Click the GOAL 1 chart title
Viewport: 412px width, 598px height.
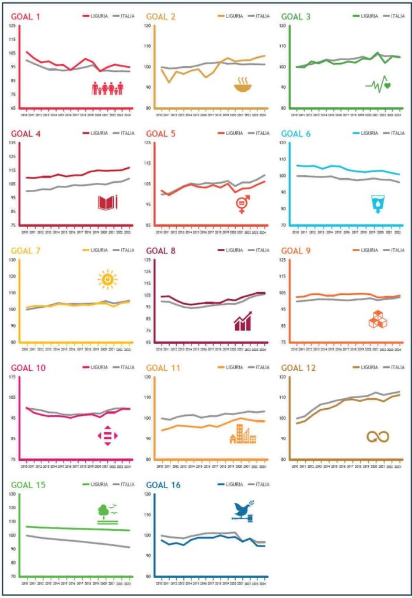(26, 16)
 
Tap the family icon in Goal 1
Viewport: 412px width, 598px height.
(108, 88)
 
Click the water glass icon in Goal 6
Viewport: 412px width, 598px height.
(376, 204)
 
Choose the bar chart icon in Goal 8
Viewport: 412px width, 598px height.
(243, 321)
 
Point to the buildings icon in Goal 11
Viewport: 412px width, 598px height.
(243, 433)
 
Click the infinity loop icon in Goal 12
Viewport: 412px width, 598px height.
(378, 436)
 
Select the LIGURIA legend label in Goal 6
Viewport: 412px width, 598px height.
(370, 133)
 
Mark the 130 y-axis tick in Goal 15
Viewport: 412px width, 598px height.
(13, 494)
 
